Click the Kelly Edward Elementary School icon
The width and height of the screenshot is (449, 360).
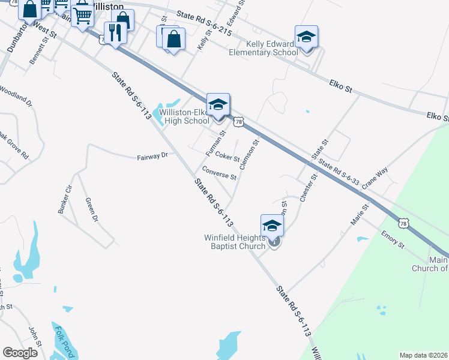306,37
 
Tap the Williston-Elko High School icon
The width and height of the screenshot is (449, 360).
218,104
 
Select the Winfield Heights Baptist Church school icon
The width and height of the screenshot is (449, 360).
272,226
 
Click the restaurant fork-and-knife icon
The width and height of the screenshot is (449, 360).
113,32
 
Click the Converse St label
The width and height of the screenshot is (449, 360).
220,173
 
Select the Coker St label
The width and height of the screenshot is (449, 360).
228,157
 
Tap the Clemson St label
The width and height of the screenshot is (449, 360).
249,153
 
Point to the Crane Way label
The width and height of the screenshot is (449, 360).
375,179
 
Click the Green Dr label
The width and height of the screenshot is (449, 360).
91,209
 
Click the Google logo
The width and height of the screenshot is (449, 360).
20,353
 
